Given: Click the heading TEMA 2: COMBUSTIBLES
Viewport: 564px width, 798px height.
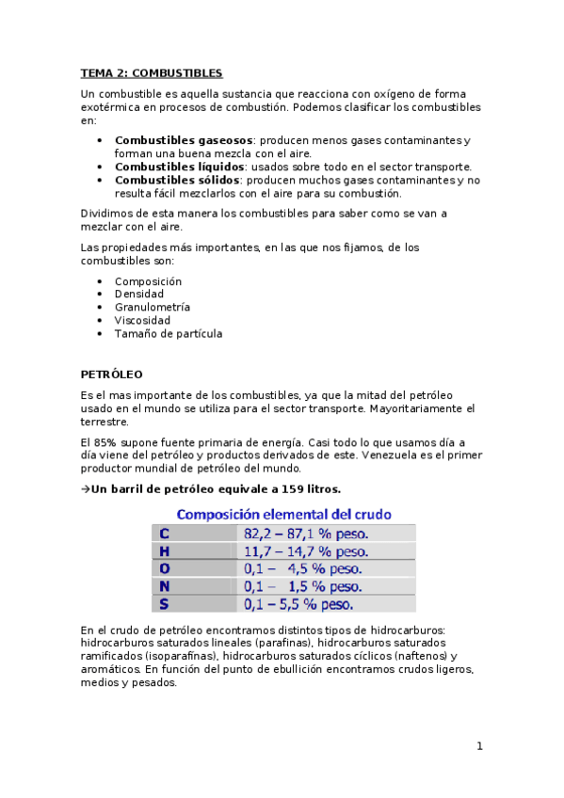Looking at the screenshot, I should tap(151, 72).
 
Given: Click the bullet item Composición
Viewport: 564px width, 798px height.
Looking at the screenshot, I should tap(148, 281).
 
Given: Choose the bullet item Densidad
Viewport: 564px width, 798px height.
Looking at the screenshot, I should tap(139, 295).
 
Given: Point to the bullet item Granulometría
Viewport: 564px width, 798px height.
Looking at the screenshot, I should tap(153, 307).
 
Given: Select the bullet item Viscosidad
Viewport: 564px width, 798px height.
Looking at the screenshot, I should tap(142, 320).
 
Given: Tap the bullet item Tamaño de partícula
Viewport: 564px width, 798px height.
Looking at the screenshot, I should tap(169, 333).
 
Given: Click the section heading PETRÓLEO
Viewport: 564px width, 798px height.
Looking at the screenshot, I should tap(111, 374).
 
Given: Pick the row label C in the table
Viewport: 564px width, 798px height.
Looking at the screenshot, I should tap(164, 534).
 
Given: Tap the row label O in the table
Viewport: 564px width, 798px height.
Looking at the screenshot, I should tap(164, 568).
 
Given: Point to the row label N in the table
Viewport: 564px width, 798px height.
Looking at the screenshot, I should tap(164, 585).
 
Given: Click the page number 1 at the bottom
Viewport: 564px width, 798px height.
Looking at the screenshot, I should tap(479, 746).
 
